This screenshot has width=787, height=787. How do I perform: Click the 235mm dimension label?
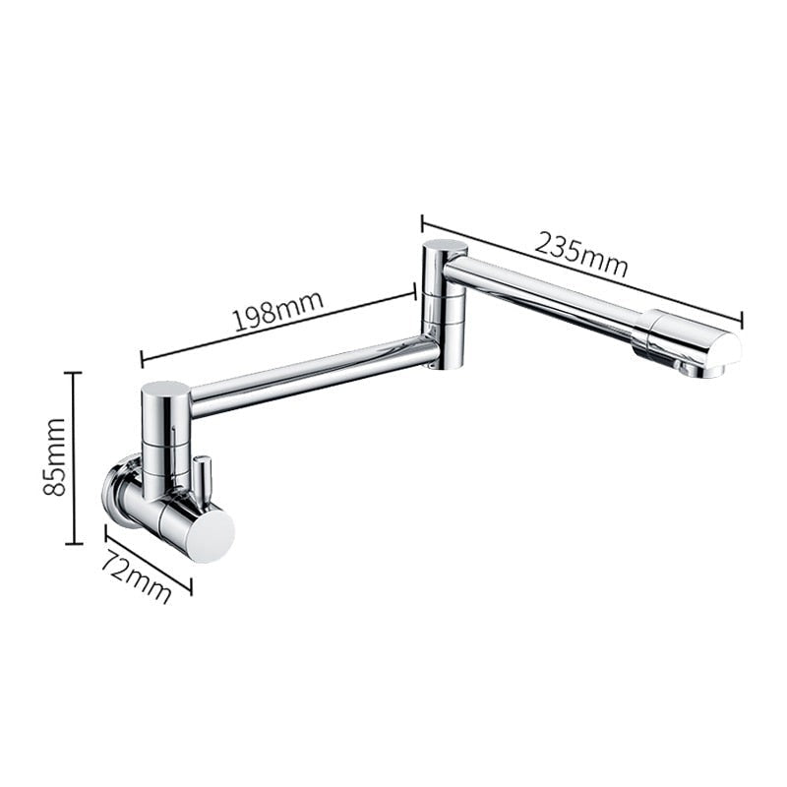581,254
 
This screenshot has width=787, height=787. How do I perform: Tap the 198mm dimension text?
277,315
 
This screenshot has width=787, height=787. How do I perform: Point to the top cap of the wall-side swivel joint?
165,390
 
